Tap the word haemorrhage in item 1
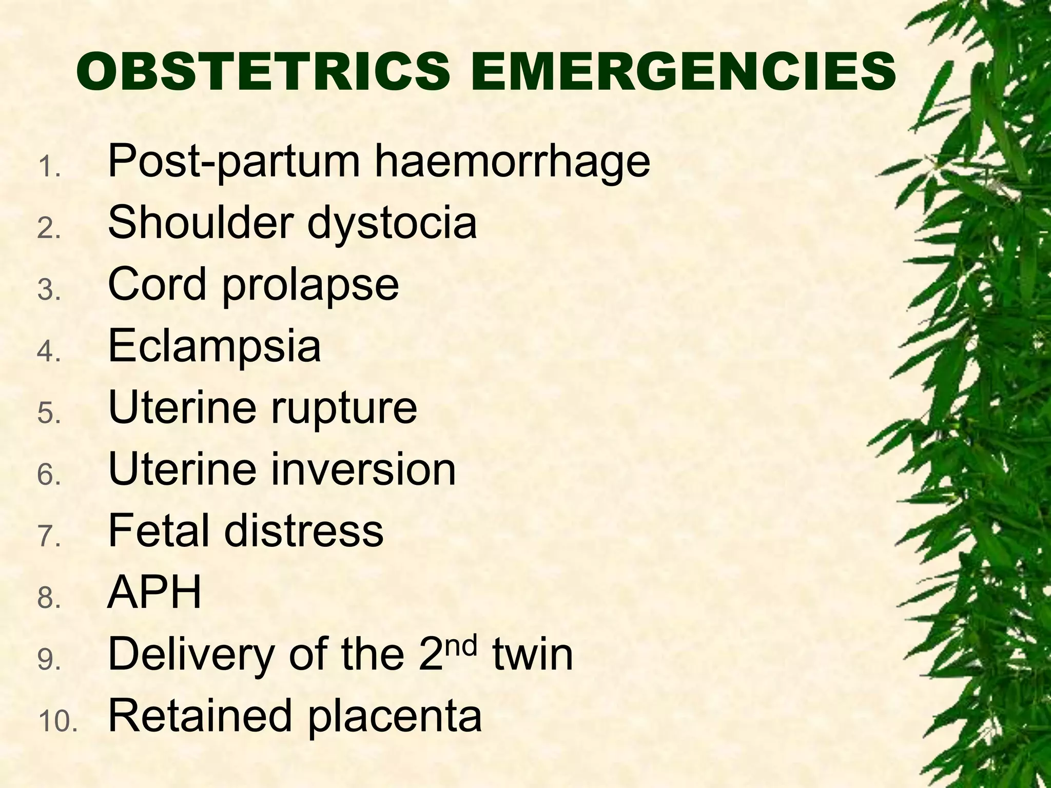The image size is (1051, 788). click(512, 162)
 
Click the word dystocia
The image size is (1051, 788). click(392, 224)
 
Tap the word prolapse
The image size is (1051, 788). click(310, 286)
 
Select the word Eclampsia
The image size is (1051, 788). click(215, 347)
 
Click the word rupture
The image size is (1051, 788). click(343, 409)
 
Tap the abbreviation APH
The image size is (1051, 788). click(154, 592)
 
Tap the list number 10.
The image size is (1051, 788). click(57, 722)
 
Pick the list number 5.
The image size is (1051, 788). click(49, 413)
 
